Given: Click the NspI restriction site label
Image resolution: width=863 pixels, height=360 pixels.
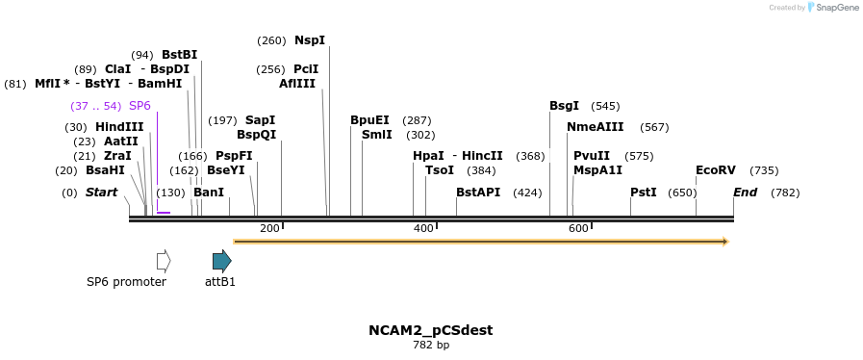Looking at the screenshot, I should click(x=310, y=40).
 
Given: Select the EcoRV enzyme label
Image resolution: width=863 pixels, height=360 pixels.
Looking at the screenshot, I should click(x=716, y=170).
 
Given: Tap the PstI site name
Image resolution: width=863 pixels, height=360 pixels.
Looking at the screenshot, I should click(x=644, y=193).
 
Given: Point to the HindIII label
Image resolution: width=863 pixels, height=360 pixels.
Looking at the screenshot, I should click(x=119, y=127).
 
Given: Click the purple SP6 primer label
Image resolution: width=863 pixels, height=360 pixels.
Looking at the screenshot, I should click(x=140, y=106).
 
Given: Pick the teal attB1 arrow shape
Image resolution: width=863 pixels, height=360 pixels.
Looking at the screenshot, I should click(x=222, y=260).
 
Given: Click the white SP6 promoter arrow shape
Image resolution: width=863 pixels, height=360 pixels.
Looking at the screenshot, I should click(x=164, y=260).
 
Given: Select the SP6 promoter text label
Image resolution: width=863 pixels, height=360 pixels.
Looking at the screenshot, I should click(x=126, y=282).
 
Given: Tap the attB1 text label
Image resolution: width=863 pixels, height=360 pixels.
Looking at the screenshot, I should click(x=220, y=282).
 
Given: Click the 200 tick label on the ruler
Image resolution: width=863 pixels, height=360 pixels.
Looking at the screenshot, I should click(x=269, y=228).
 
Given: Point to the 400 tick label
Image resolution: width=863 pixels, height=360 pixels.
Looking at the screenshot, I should click(x=423, y=228).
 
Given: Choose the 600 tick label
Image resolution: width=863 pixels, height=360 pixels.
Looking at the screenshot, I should click(x=578, y=228).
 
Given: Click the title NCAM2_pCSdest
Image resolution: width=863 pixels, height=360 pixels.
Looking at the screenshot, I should click(x=431, y=330).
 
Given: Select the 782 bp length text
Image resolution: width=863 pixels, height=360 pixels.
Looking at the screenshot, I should click(x=431, y=345).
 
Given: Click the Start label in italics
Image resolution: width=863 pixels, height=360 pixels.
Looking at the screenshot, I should click(x=101, y=193).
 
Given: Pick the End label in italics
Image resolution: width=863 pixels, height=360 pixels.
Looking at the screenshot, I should click(x=746, y=193).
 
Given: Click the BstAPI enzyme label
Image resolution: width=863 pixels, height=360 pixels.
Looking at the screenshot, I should click(x=478, y=193).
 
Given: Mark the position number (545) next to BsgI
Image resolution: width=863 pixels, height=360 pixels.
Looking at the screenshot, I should click(x=605, y=106).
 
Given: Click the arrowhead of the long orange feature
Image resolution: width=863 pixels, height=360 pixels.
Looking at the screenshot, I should click(x=723, y=241).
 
